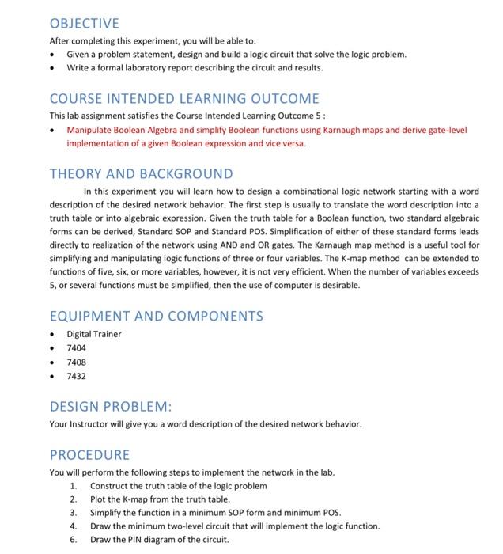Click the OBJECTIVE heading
(x=84, y=23)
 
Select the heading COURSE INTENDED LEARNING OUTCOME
(x=184, y=99)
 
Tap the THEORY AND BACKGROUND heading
(x=142, y=173)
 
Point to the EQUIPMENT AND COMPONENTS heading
(x=156, y=316)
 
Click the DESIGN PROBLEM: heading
(x=111, y=406)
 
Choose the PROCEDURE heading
(x=89, y=455)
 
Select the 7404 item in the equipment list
(x=77, y=347)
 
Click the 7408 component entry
(x=77, y=362)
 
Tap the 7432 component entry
(x=77, y=376)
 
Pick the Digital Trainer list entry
(x=94, y=333)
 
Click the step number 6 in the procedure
(x=74, y=540)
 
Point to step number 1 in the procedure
(x=74, y=485)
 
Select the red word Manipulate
(x=89, y=130)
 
